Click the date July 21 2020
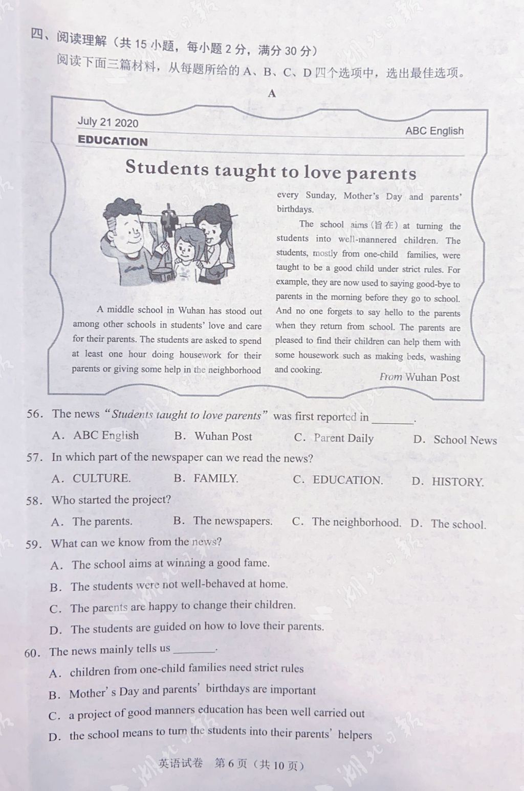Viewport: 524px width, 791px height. point(107,122)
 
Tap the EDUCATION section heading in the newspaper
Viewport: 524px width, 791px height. point(113,141)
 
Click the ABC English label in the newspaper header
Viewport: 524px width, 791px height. point(434,131)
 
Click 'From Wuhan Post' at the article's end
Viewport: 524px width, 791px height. point(419,377)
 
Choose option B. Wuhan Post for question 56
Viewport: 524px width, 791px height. point(213,436)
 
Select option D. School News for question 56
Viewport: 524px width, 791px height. point(455,440)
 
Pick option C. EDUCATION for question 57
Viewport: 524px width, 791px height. point(338,480)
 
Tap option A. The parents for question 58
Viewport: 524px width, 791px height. point(92,521)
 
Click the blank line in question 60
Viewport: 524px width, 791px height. point(194,650)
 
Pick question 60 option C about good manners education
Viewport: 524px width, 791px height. point(207,713)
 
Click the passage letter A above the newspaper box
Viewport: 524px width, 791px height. point(272,94)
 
